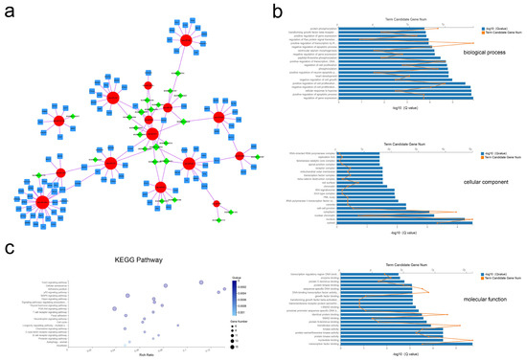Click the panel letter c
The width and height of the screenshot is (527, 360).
[x=10, y=248]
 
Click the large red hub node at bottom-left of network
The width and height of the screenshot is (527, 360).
[x=43, y=202]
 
